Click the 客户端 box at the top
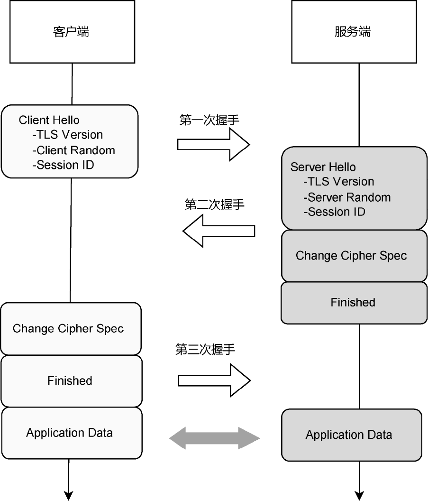click(x=72, y=32)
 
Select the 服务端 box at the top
click(x=352, y=32)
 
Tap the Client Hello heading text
click(x=49, y=120)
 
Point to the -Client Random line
click(x=73, y=150)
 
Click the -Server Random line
click(x=347, y=197)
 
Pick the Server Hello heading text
click(x=323, y=167)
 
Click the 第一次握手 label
click(x=209, y=120)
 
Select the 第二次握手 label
click(x=214, y=205)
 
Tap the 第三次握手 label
click(x=205, y=350)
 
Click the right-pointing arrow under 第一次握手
click(x=213, y=144)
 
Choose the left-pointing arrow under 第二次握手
click(x=219, y=231)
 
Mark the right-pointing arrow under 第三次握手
click(x=214, y=380)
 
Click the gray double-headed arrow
click(x=215, y=438)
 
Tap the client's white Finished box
click(x=71, y=380)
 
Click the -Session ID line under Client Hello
click(x=63, y=165)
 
